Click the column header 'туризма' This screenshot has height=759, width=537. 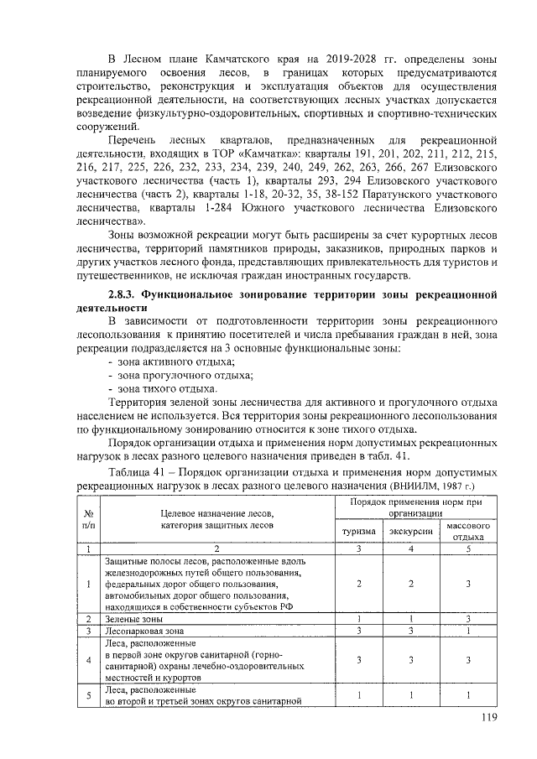pyautogui.click(x=358, y=532)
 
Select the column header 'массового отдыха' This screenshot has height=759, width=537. pyautogui.click(x=467, y=532)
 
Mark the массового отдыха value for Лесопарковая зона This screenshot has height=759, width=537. pyautogui.click(x=467, y=630)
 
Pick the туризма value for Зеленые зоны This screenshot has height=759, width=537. pyautogui.click(x=358, y=618)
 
